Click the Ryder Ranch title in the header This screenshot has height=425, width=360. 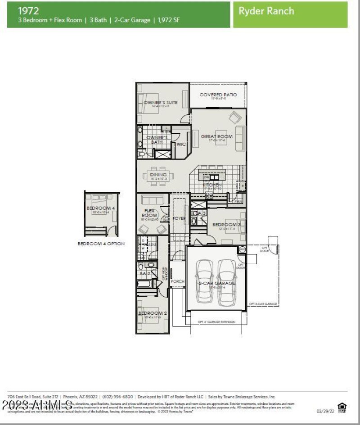[267, 11]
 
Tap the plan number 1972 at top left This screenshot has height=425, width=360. [28, 10]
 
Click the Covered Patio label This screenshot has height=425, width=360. [218, 95]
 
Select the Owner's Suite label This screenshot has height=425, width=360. [161, 103]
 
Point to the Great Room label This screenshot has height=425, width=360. [216, 136]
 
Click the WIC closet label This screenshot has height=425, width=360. [181, 144]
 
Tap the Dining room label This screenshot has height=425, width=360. [158, 174]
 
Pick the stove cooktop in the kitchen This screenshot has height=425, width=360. [209, 195]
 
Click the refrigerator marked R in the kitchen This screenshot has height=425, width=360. [242, 185]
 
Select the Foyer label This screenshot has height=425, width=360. [179, 218]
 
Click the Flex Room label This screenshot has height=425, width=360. [149, 213]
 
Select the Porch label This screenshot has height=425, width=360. [177, 281]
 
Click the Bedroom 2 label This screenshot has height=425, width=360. [153, 313]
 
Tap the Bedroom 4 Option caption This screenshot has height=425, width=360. [101, 244]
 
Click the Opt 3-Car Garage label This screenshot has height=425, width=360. [263, 304]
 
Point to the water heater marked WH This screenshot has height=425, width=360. [242, 249]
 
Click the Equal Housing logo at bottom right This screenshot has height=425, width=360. [342, 408]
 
